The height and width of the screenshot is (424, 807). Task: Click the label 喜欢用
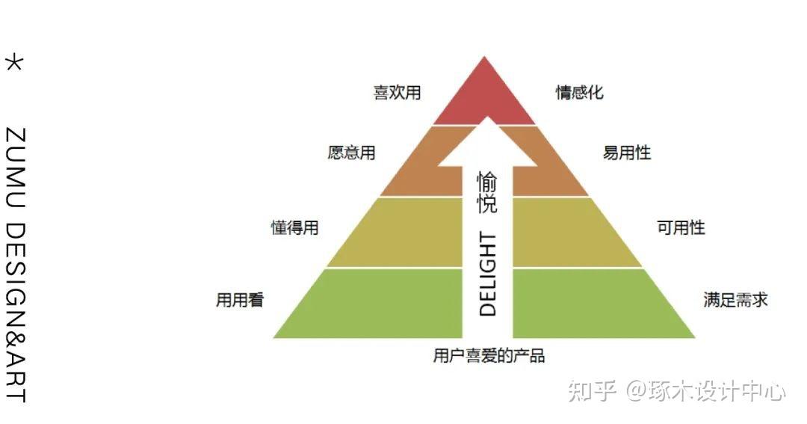pyautogui.click(x=398, y=93)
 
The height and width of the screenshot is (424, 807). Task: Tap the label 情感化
pyautogui.click(x=579, y=93)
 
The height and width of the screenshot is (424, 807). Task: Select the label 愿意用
pyautogui.click(x=351, y=153)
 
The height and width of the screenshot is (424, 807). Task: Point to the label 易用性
pyautogui.click(x=627, y=153)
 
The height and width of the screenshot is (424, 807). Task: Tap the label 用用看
pyautogui.click(x=240, y=301)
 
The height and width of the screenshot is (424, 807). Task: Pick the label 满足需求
pyautogui.click(x=735, y=301)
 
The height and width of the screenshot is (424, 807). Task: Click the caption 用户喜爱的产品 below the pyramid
pyautogui.click(x=489, y=356)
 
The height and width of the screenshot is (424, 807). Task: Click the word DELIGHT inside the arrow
pyautogui.click(x=487, y=274)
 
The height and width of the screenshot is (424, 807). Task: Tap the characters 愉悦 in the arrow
pyautogui.click(x=487, y=193)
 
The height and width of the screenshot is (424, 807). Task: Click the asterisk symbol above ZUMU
pyautogui.click(x=14, y=62)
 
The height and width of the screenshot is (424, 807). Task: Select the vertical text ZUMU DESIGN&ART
pyautogui.click(x=15, y=265)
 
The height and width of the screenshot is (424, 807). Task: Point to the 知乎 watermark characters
pyautogui.click(x=592, y=390)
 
